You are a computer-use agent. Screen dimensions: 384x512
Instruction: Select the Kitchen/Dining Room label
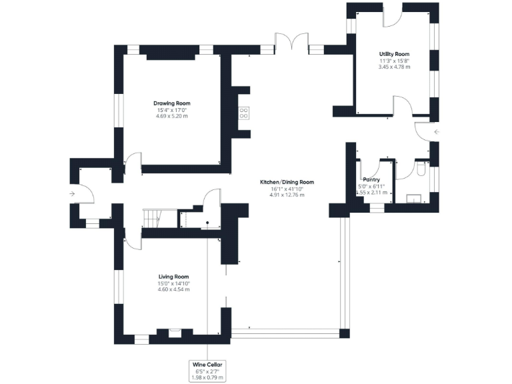[x=287, y=182]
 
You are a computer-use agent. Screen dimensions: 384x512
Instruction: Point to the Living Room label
[x=173, y=277]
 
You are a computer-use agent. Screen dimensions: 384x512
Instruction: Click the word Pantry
[x=371, y=179]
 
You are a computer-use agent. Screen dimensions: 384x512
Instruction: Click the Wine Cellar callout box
[x=208, y=370]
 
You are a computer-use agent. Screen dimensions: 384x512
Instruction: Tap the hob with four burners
[x=244, y=113]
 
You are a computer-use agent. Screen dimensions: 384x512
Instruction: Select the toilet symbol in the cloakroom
[x=421, y=171]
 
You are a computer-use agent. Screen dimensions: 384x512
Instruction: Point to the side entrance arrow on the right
[x=437, y=132]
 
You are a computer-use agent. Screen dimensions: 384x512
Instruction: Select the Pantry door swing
[x=387, y=167]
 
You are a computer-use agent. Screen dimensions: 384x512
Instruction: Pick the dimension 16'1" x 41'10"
[x=287, y=189]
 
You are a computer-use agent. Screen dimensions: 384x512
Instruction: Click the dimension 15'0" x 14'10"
[x=173, y=283]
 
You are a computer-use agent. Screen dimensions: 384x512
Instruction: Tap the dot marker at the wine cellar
[x=208, y=223]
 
